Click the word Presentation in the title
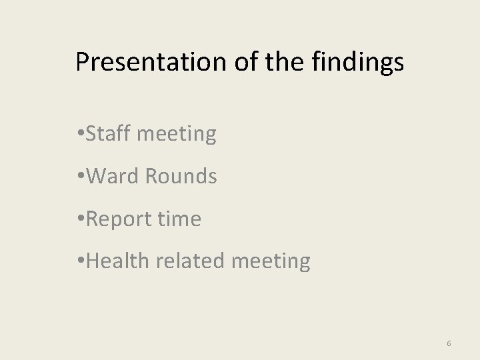tap(152, 62)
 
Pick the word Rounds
tap(181, 177)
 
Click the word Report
tap(121, 219)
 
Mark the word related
tap(190, 261)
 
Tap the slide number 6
tap(449, 343)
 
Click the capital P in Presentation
tap(82, 62)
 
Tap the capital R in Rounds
tap(151, 177)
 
